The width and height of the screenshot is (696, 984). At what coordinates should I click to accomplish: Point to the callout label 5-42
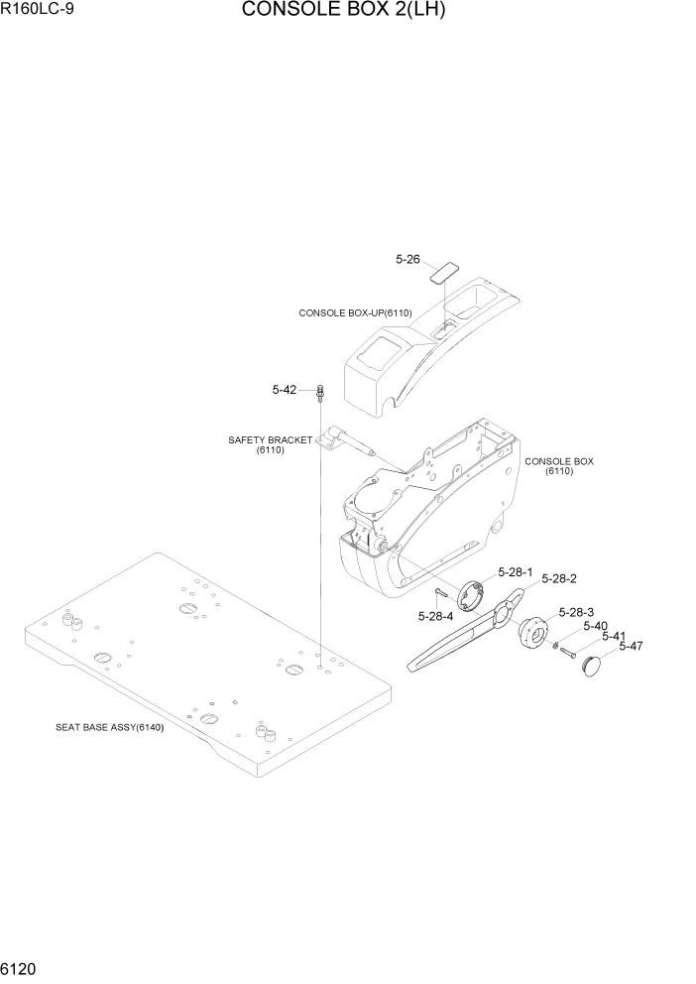(285, 390)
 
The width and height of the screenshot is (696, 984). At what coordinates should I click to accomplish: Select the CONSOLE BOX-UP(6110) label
(355, 312)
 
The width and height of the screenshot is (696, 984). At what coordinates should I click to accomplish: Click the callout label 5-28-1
(515, 572)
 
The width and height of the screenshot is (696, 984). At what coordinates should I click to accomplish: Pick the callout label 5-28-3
(576, 612)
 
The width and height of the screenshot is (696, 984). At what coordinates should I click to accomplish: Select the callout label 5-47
(631, 646)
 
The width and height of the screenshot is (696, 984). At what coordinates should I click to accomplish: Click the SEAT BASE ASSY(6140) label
(109, 726)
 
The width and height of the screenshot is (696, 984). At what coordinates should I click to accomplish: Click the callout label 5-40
(595, 625)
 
